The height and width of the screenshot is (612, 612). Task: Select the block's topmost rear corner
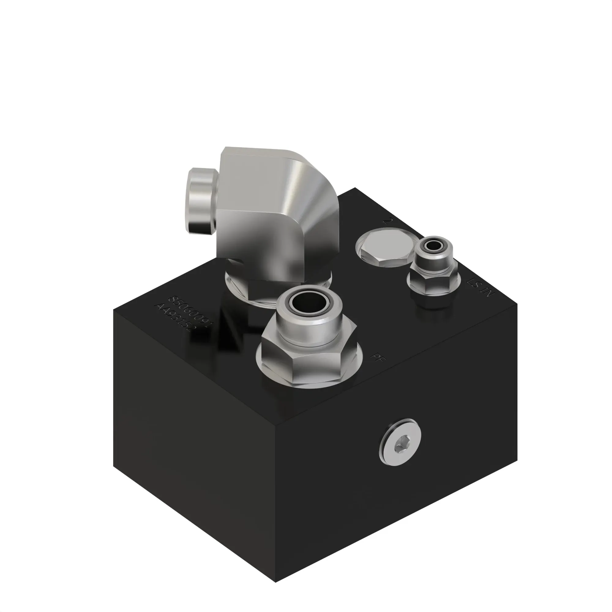(355, 188)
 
